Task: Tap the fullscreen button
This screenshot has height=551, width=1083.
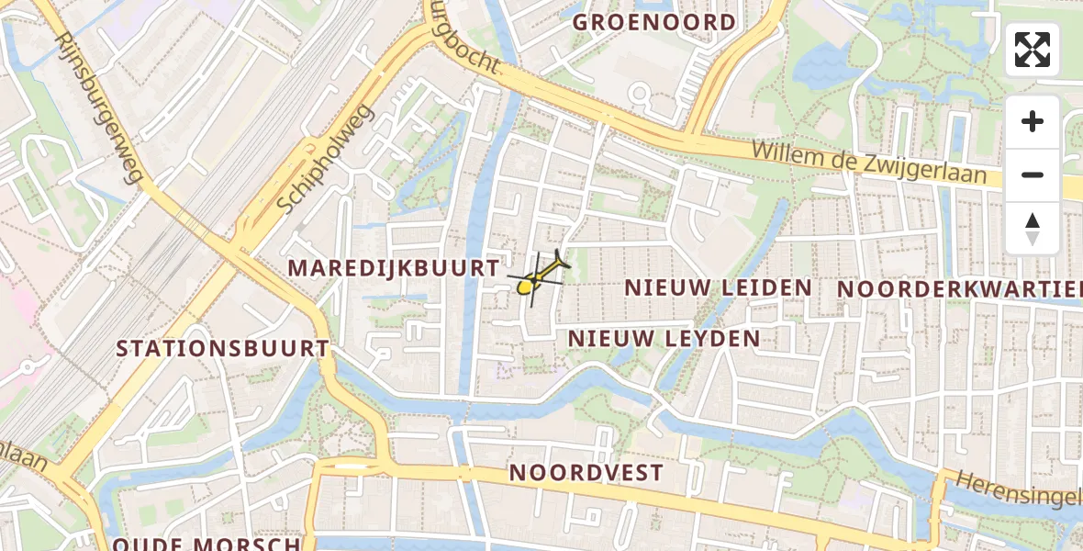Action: (x=1033, y=50)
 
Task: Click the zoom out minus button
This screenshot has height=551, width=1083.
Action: (x=1033, y=175)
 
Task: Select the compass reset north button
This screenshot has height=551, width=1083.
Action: (x=1033, y=229)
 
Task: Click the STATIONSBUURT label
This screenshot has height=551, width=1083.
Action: (x=223, y=349)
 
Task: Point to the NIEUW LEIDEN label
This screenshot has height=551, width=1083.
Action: (x=718, y=287)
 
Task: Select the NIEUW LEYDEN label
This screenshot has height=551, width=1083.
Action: (x=664, y=339)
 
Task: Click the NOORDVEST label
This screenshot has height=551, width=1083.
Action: (x=586, y=473)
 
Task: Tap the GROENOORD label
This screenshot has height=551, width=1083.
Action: (x=654, y=22)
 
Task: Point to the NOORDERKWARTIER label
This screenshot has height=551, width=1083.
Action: (x=959, y=289)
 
